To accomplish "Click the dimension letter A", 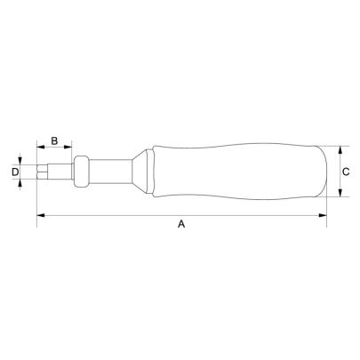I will click(x=180, y=226).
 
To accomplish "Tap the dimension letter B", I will click(x=53, y=140).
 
